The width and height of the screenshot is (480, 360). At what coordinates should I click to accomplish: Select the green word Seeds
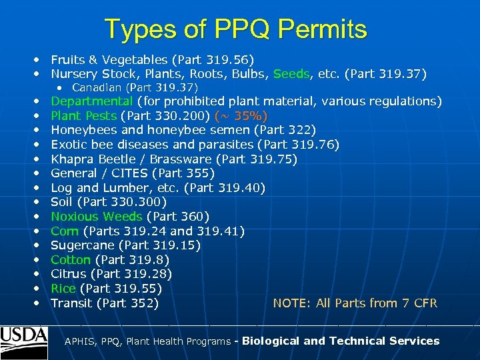point(291,73)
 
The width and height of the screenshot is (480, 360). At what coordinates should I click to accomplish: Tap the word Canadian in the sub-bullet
point(97,87)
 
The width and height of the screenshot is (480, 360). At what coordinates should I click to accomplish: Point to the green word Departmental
point(92,101)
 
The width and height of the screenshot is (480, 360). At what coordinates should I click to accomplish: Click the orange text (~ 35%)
point(241,115)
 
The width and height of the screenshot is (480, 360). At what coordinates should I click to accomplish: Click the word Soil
point(62,202)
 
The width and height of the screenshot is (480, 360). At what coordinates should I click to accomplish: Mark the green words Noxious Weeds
point(97,216)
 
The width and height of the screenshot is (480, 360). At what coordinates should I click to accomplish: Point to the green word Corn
point(65,231)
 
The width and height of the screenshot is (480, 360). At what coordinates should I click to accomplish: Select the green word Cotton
point(71,259)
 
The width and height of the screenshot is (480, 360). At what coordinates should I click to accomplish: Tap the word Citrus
point(69,274)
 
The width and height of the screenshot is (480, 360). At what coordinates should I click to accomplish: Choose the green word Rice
point(63,289)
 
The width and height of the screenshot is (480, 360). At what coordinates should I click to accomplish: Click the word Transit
point(71,303)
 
